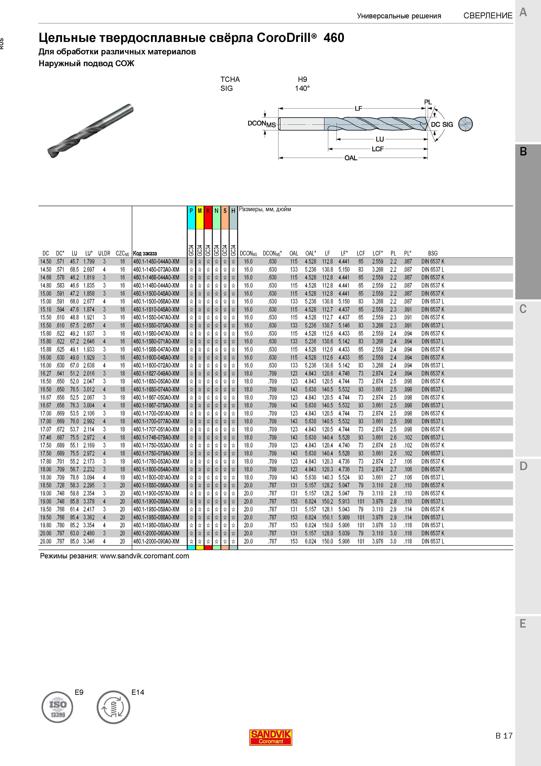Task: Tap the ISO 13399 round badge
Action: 57,707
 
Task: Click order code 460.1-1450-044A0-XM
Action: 156,262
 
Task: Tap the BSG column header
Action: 433,253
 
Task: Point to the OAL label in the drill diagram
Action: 351,158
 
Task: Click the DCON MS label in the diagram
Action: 262,124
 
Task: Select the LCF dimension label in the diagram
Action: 378,149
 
